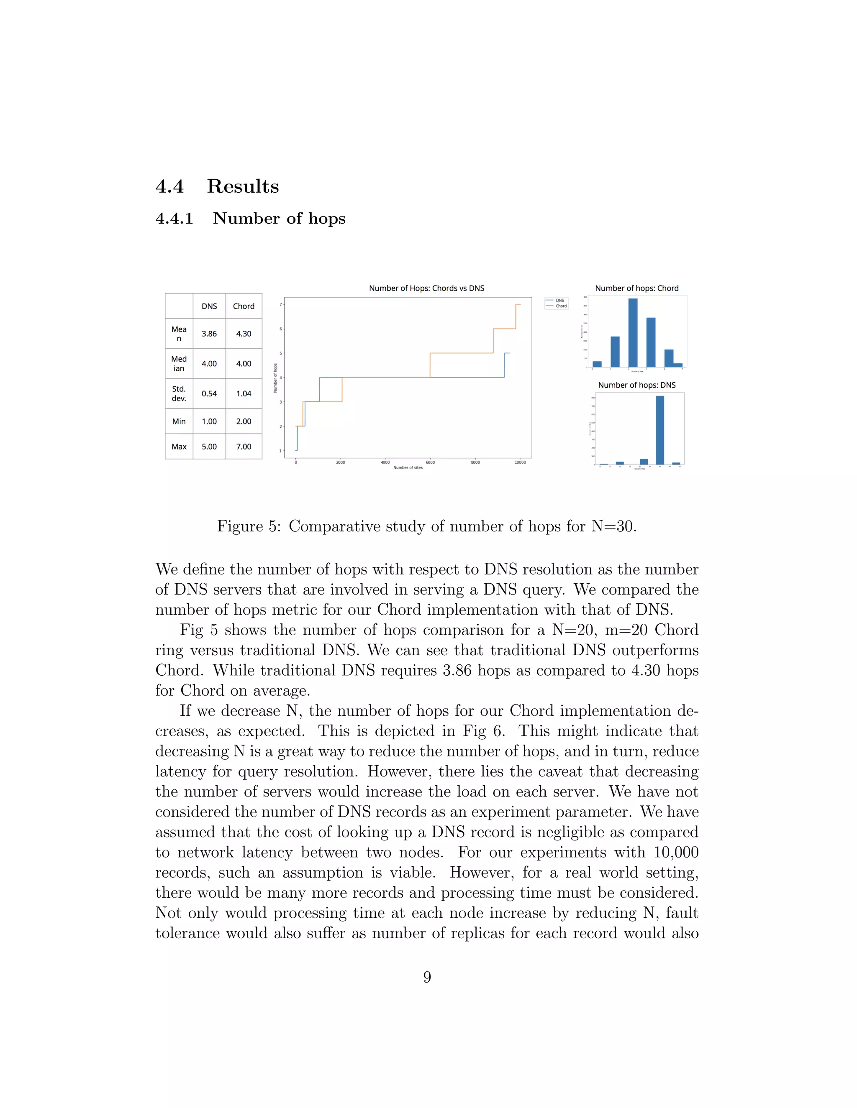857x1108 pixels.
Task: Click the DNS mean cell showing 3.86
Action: coord(209,334)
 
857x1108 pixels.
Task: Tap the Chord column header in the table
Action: coord(244,306)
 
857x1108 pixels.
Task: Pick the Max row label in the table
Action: coord(179,447)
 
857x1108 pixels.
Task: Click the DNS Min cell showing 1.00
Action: coord(209,421)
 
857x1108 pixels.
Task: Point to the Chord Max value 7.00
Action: coord(244,447)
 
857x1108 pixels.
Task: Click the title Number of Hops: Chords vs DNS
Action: coord(426,288)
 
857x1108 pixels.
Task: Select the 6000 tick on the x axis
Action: coord(430,462)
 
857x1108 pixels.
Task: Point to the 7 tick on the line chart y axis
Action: coord(280,304)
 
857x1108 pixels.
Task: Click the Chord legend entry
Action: coord(561,306)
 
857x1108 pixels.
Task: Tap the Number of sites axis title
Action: coord(408,467)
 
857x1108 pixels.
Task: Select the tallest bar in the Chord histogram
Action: coord(633,332)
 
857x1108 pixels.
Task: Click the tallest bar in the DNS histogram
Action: coord(659,430)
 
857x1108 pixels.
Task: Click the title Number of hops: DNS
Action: coord(636,385)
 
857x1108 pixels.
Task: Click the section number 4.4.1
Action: coord(174,219)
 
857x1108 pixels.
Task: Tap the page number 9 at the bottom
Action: coord(427,977)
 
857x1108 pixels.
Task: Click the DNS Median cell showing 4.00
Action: coord(209,364)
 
